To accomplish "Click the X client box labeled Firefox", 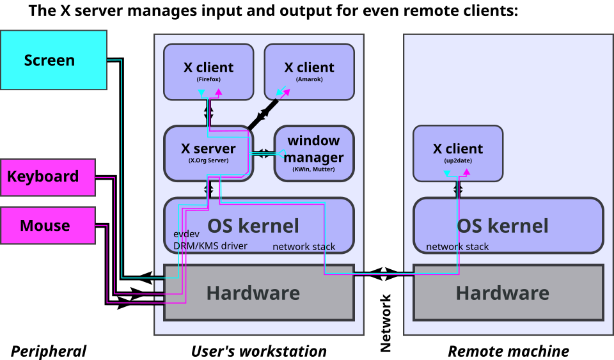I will (209, 72).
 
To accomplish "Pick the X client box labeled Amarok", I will (309, 72).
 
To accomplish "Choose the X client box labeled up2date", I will (458, 153).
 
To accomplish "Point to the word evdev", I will (187, 234).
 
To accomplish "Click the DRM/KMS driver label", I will (210, 246).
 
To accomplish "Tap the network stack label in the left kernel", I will (304, 247).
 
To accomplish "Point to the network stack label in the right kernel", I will (457, 247).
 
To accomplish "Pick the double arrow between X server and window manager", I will (264, 153).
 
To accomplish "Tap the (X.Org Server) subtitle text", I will (209, 161).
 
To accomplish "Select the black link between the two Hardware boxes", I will (383, 274).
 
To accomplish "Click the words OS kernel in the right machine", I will (503, 226).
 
